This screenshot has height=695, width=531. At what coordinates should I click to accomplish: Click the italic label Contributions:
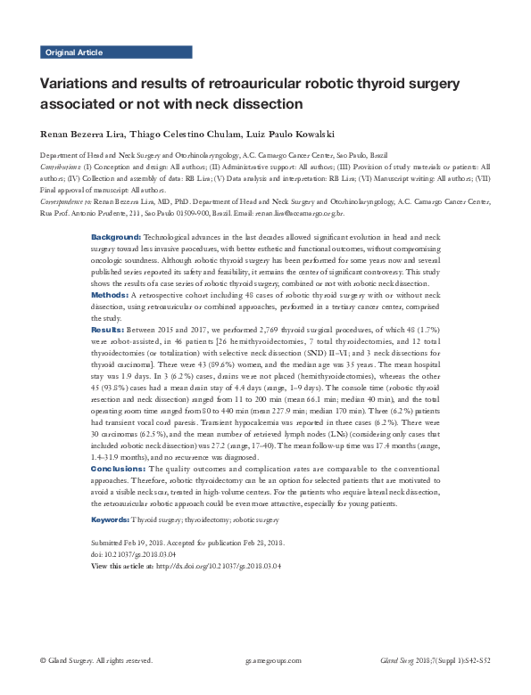(x=60, y=166)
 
